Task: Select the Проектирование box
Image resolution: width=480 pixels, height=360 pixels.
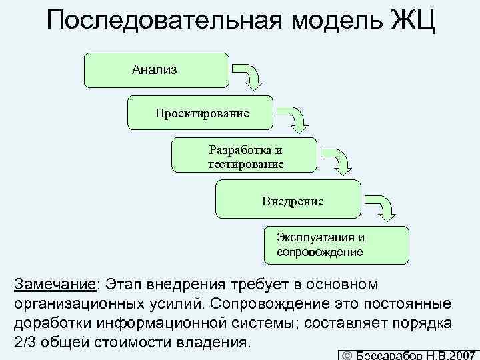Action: point(201,113)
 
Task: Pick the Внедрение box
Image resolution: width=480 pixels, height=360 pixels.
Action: point(289,199)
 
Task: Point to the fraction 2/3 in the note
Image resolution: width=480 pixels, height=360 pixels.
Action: point(25,343)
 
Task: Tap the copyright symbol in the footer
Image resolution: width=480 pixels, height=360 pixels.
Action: point(346,355)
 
